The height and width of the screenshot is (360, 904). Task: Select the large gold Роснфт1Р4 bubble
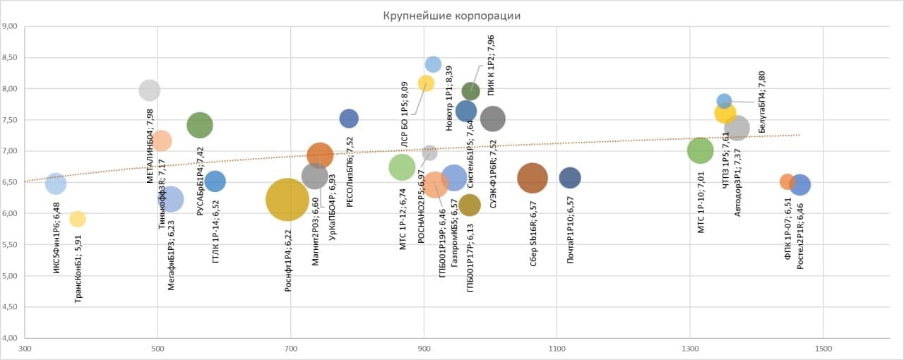point(287,200)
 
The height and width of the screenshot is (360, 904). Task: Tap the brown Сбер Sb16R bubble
point(533,178)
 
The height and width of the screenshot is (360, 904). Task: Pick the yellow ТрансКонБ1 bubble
point(78,219)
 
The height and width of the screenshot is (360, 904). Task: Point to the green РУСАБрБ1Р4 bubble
point(200,125)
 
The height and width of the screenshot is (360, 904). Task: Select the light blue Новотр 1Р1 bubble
point(433,64)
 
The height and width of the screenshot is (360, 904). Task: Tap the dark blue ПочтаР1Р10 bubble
point(569,178)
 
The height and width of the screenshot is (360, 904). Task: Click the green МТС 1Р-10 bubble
point(700,150)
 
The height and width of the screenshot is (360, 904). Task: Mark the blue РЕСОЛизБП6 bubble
point(349,119)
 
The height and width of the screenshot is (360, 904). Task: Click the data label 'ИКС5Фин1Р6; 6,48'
point(56,239)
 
